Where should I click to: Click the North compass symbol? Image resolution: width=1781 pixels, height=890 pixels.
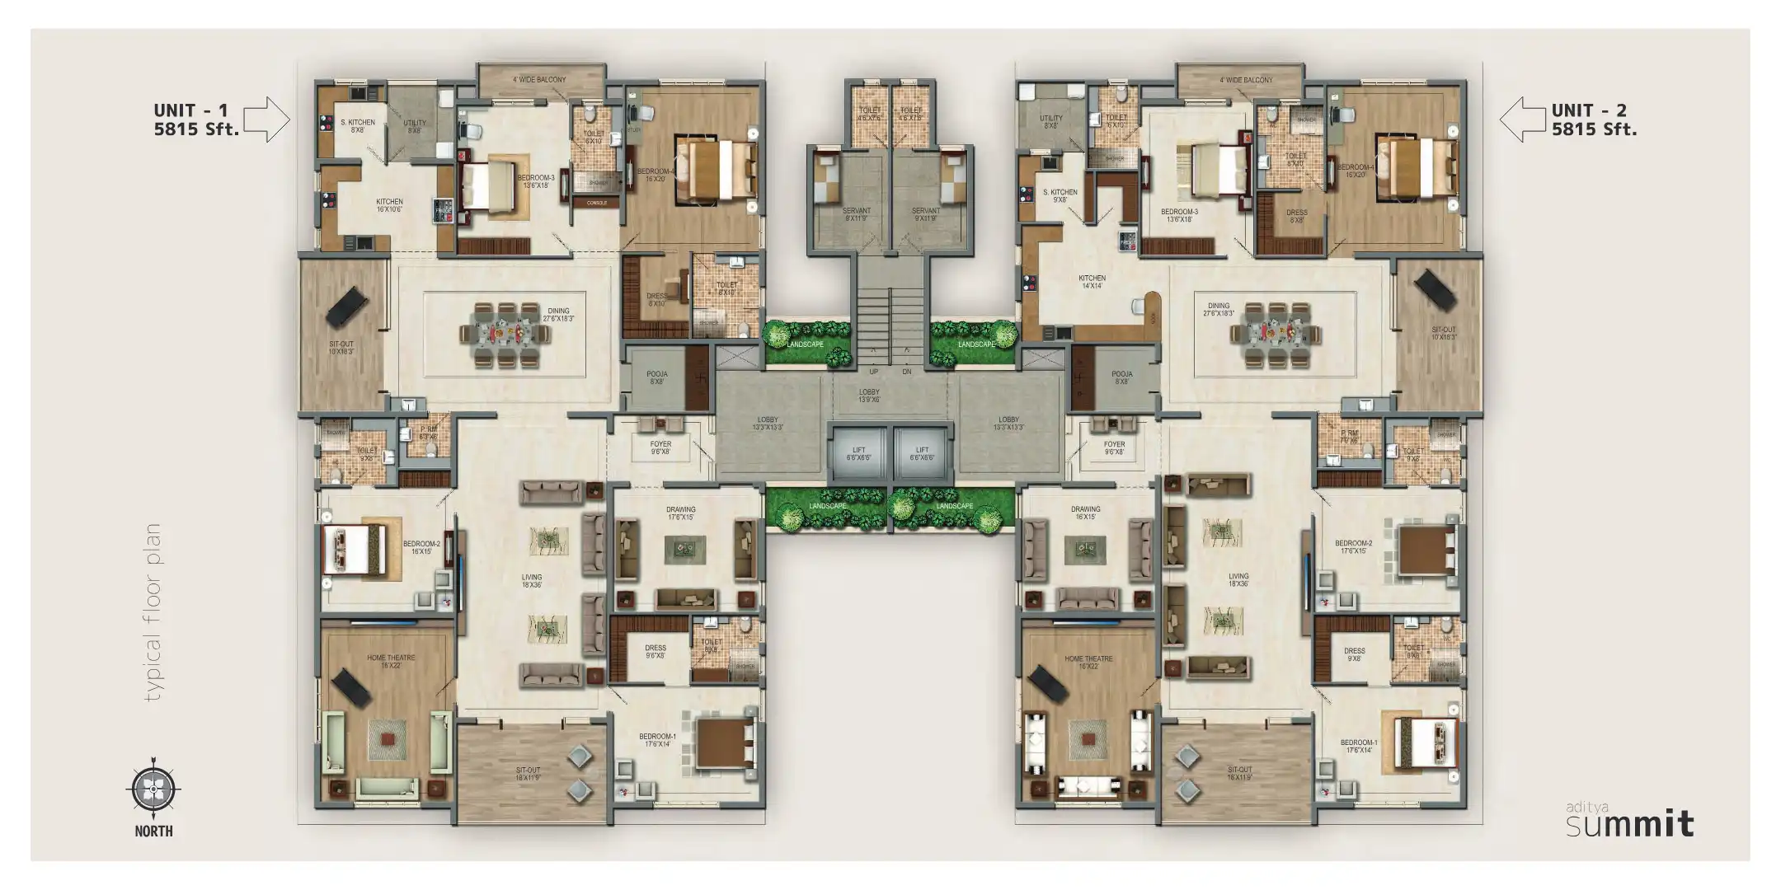153,789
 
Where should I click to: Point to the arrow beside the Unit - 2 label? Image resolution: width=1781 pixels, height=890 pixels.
1521,119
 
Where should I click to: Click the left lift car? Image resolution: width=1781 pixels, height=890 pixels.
858,454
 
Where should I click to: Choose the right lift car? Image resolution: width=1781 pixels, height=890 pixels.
923,454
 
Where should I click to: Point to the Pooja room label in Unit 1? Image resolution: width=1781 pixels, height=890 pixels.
657,377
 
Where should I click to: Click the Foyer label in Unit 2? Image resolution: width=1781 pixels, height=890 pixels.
1114,447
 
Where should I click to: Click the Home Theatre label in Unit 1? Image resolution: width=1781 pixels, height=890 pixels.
391,661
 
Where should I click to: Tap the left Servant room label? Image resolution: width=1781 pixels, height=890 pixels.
856,214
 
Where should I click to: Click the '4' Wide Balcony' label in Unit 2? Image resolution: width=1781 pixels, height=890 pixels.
1246,80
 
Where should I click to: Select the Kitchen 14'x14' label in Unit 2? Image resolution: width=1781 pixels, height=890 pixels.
1092,282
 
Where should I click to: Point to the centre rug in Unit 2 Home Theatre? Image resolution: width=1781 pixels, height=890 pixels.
1088,738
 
